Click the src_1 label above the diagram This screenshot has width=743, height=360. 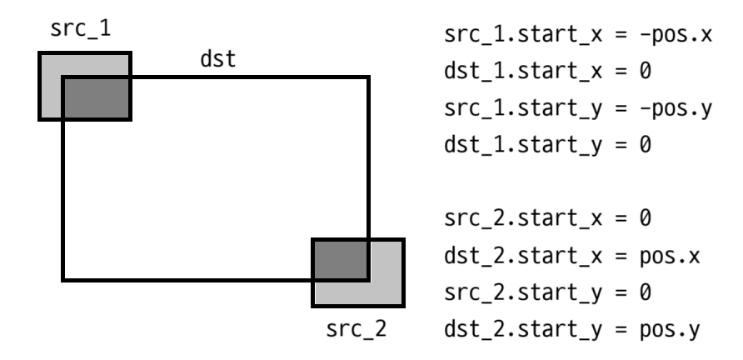(x=82, y=30)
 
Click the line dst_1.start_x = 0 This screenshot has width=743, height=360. (x=544, y=72)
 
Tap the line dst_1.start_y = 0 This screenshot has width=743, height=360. (x=544, y=145)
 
